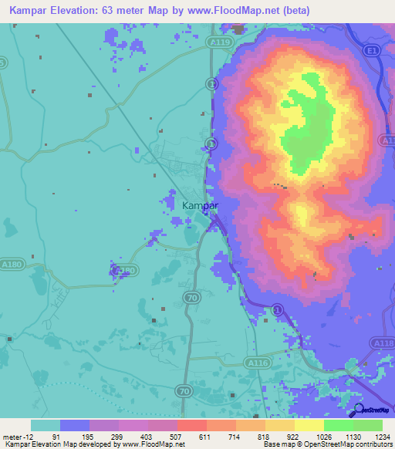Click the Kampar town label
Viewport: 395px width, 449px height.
(200, 206)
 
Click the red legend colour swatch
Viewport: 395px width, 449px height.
(191, 425)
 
